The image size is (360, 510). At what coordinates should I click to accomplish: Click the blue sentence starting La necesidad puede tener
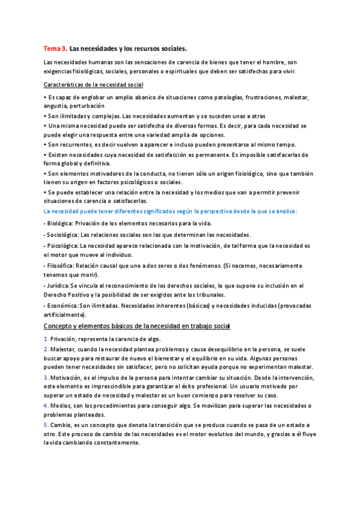pyautogui.click(x=171, y=211)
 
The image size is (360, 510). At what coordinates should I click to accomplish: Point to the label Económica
pyautogui.click(x=63, y=306)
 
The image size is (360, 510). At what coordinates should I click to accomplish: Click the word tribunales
pyautogui.click(x=207, y=295)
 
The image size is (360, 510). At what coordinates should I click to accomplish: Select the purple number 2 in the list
pyautogui.click(x=46, y=349)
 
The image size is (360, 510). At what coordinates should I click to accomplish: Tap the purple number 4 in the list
pyautogui.click(x=46, y=405)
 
